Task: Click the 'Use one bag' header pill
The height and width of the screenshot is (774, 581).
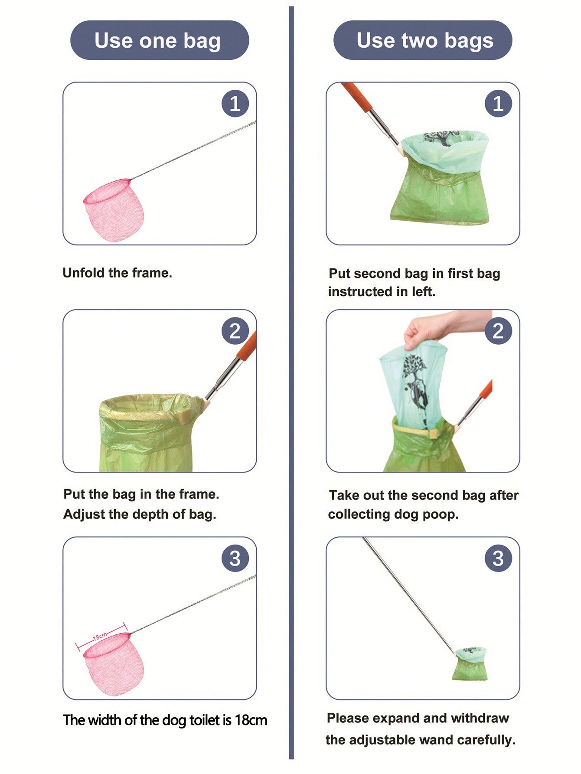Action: (160, 40)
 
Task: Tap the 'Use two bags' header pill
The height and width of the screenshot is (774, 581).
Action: (423, 40)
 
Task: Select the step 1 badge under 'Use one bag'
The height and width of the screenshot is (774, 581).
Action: (235, 104)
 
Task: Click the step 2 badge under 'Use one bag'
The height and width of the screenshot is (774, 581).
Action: (235, 331)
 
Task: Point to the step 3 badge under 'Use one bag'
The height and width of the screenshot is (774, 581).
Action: (235, 558)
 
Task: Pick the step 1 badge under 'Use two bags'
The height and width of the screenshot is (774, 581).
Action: (498, 104)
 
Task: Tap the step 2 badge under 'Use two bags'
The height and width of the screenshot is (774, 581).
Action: (498, 331)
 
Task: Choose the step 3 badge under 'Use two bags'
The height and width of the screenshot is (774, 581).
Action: (498, 558)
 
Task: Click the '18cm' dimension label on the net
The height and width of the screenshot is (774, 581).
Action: (100, 637)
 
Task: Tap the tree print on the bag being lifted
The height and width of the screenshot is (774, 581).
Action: (415, 382)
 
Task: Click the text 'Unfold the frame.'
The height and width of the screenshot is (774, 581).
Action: (118, 273)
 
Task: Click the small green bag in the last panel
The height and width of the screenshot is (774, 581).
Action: (470, 664)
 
